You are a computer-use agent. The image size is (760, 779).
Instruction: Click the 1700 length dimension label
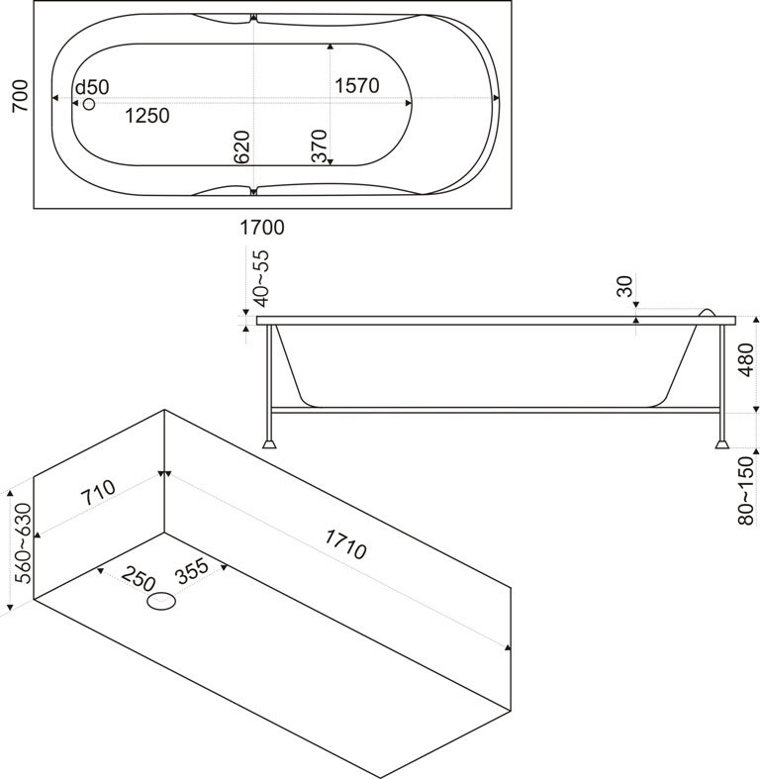tap(262, 228)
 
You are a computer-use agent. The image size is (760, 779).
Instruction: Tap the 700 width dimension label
tap(19, 98)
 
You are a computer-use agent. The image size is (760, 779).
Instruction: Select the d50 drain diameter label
tap(92, 87)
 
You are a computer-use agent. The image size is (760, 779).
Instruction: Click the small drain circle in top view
tap(89, 103)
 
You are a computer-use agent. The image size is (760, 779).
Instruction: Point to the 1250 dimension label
tap(147, 116)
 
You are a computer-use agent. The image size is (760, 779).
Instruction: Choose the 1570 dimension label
tap(357, 86)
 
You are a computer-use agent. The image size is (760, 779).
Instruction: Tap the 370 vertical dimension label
tap(319, 146)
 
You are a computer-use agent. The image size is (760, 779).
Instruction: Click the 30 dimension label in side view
tap(623, 287)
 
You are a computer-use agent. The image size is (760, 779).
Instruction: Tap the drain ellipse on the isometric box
tap(160, 601)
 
